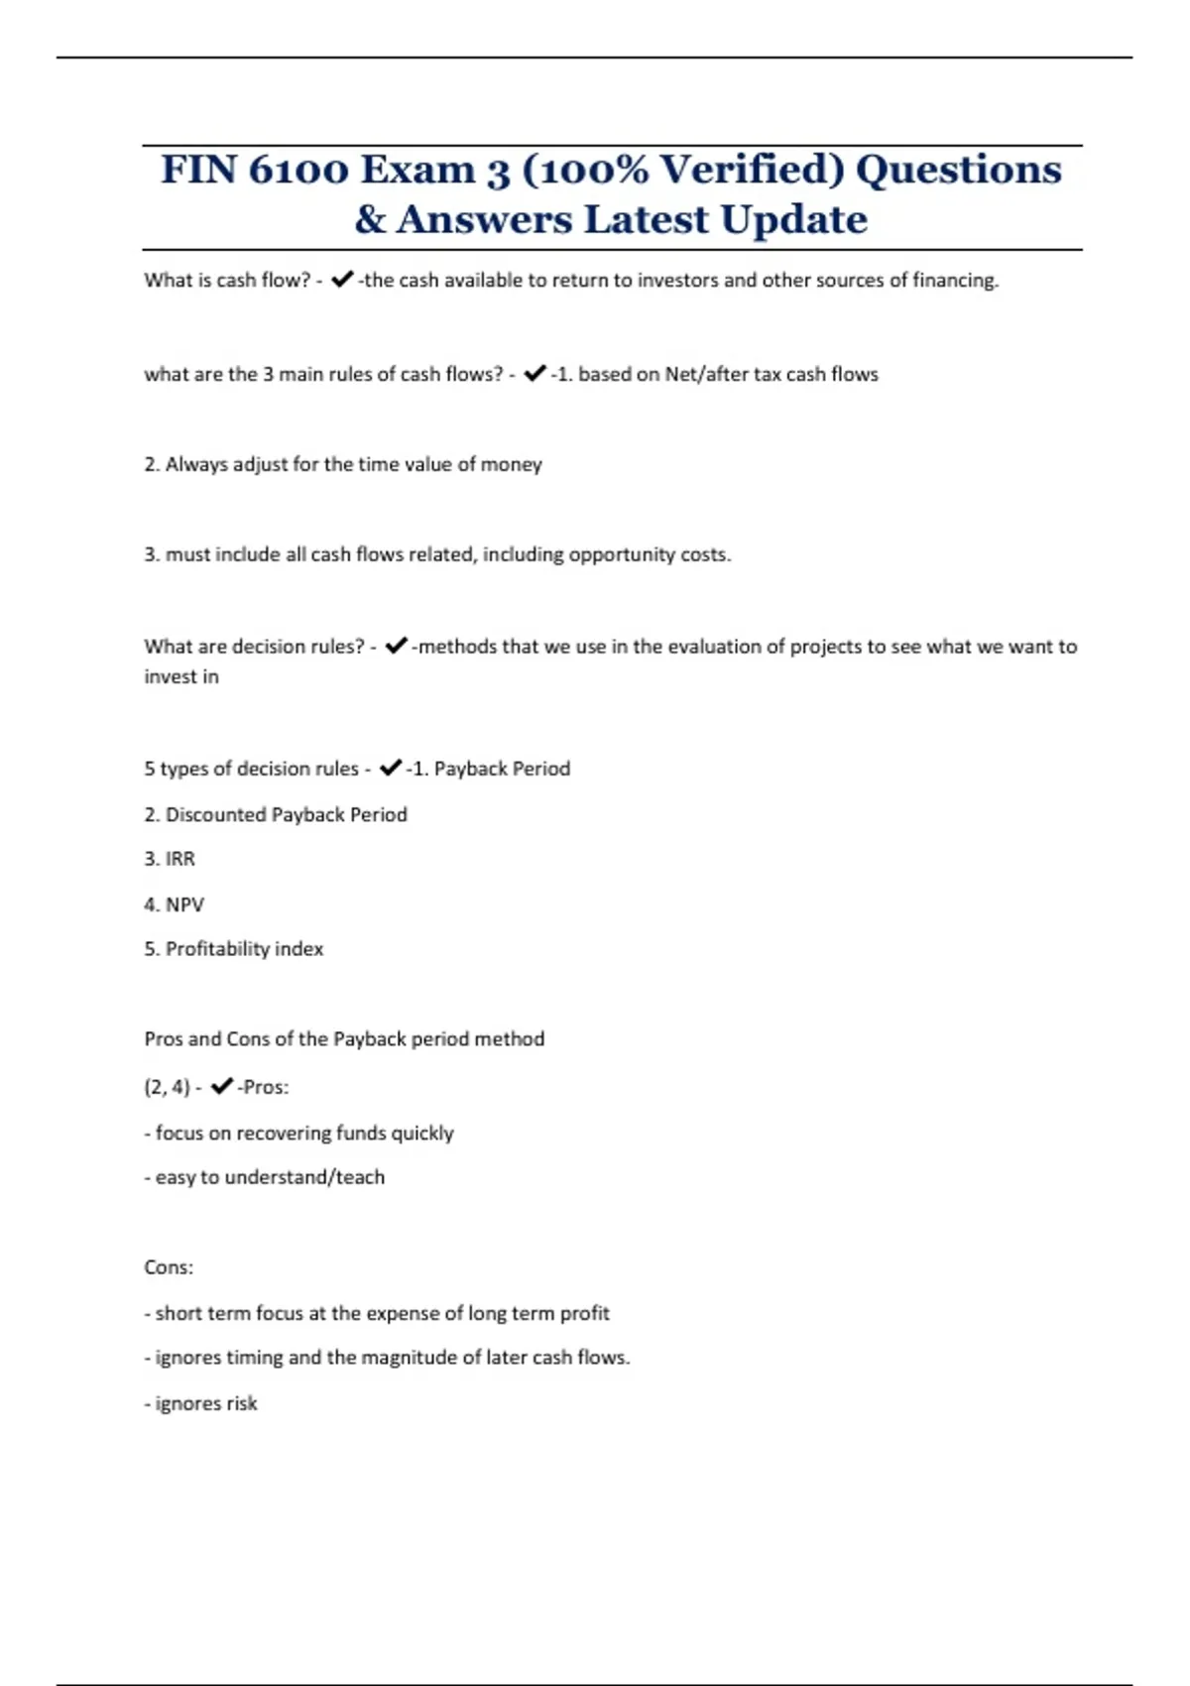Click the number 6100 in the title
coord(297,170)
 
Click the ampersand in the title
coord(370,220)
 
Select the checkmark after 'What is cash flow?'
coord(342,281)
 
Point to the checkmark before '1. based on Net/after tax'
coord(535,374)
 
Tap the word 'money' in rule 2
coord(511,465)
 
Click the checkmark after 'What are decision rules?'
coord(396,647)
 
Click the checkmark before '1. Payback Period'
coord(391,768)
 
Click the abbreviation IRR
coord(179,859)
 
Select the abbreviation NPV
coord(184,904)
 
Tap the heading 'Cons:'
coord(169,1267)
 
